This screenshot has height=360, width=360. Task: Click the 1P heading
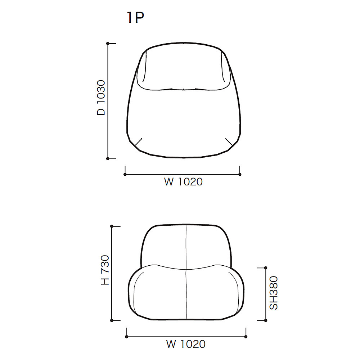[x=135, y=17]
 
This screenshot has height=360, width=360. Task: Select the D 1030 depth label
[x=101, y=98]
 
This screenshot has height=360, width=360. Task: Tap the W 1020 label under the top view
[x=183, y=182]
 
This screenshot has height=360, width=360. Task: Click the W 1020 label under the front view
[x=186, y=344]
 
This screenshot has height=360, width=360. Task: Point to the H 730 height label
[x=105, y=270]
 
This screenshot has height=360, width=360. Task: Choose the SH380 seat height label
[x=274, y=293]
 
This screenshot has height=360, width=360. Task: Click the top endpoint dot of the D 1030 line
[x=108, y=44]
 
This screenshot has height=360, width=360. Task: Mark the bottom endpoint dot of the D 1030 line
[x=108, y=159]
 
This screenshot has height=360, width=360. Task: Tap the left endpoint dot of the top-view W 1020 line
[x=125, y=175]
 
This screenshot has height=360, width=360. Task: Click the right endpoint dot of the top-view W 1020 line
[x=240, y=175]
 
